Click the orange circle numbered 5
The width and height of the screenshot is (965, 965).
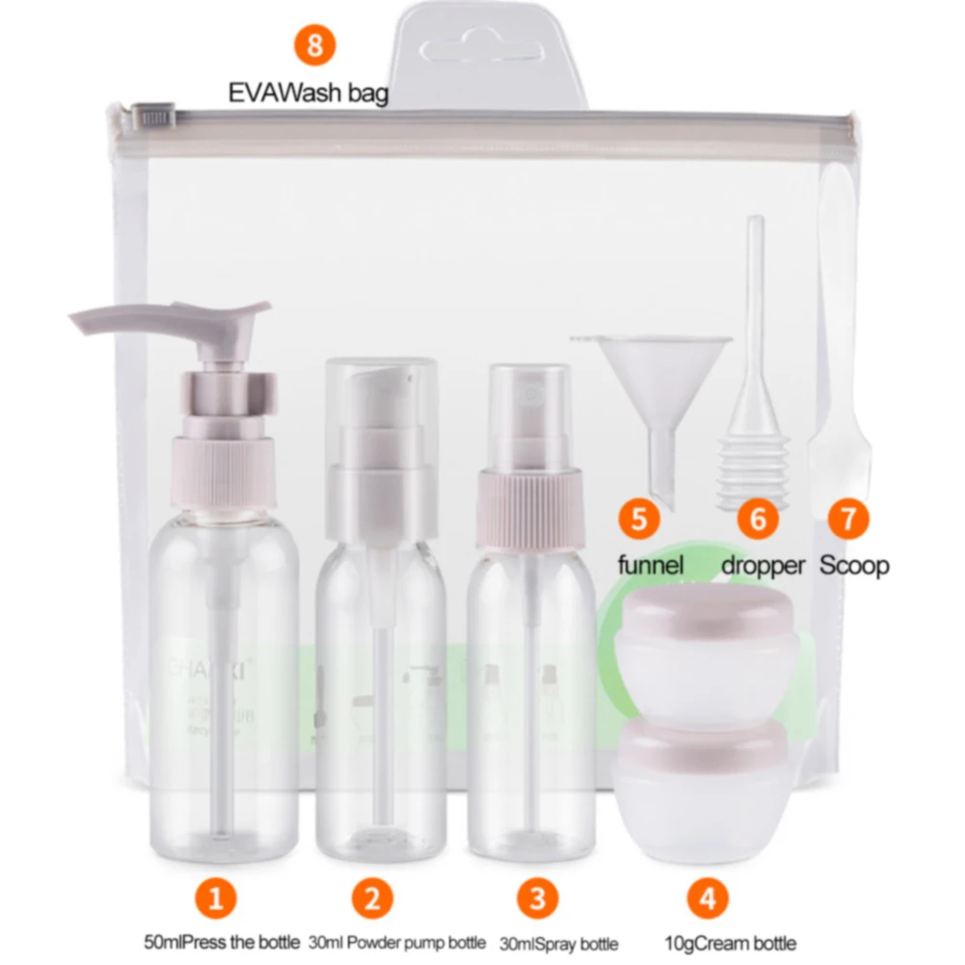[x=640, y=519]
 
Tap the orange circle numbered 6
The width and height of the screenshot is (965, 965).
[x=759, y=519]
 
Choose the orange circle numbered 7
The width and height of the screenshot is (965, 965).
[x=847, y=519]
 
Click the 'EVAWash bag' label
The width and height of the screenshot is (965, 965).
[x=308, y=94]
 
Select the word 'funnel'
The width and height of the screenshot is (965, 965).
[x=650, y=565]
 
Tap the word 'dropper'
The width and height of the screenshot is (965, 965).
[x=763, y=565]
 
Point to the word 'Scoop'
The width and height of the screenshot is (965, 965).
[x=854, y=565]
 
